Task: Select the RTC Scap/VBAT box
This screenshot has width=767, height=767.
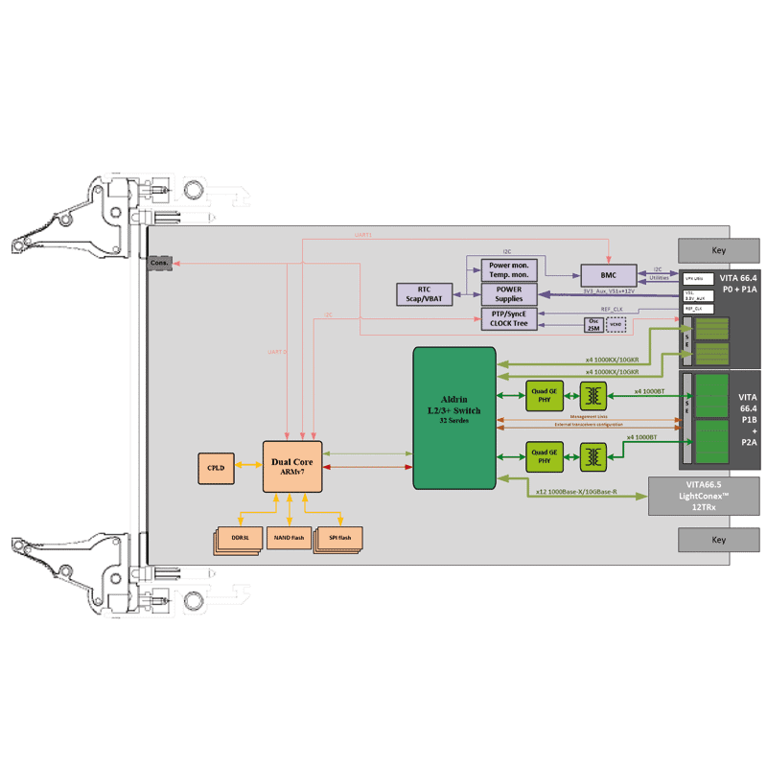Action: pos(423,293)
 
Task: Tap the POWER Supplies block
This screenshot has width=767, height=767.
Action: pos(509,293)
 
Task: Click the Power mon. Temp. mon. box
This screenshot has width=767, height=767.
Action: pos(509,269)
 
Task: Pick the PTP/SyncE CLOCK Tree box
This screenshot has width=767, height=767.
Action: pos(509,318)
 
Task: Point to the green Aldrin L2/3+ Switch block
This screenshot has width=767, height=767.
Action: pos(454,416)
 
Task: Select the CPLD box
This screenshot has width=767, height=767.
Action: pos(215,467)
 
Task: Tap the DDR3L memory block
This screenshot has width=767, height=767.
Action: pos(239,539)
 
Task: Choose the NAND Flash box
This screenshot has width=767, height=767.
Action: pos(290,539)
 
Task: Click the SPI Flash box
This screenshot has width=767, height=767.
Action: pos(340,539)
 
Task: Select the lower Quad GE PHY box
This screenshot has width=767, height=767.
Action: pos(544,455)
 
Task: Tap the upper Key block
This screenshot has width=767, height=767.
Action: pos(718,251)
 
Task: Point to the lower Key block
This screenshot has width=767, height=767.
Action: pos(718,540)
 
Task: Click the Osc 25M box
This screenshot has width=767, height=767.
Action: pos(594,325)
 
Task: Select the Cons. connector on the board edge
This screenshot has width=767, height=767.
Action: pos(159,263)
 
